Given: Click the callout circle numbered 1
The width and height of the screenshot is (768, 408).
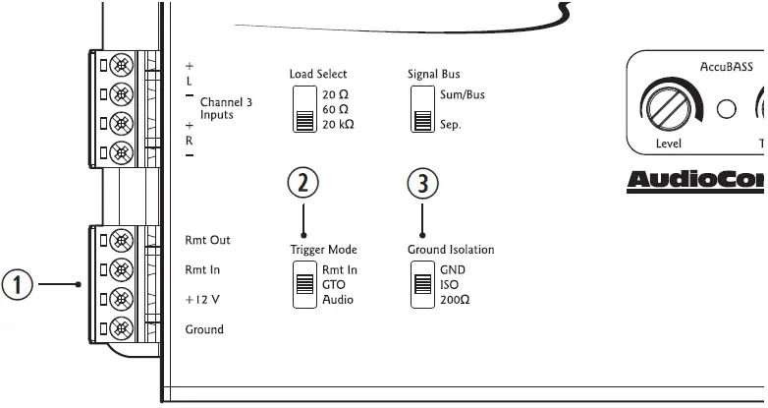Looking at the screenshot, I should [x=18, y=285].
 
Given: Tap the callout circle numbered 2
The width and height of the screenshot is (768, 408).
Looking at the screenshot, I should [x=303, y=183].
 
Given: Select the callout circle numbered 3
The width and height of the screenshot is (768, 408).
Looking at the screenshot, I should [x=422, y=183].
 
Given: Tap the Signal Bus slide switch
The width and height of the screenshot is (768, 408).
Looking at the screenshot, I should [x=423, y=108].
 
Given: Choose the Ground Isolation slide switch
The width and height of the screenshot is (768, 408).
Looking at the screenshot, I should [x=423, y=285].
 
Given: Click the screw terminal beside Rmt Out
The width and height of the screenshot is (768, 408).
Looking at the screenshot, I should [x=120, y=240].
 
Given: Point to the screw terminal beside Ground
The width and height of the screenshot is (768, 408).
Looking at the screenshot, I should [x=120, y=328].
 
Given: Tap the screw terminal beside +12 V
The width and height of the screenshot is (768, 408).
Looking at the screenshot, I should [x=120, y=299].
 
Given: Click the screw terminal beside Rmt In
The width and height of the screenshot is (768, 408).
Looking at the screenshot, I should [x=120, y=269].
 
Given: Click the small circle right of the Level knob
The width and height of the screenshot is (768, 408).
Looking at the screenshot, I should [x=727, y=108].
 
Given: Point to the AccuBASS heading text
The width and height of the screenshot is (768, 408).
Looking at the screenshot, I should [x=727, y=67].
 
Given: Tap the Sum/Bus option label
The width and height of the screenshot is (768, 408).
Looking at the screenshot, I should [x=462, y=95].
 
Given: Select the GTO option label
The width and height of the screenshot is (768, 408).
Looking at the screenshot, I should [x=335, y=285].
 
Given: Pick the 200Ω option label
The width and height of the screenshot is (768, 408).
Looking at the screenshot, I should [x=455, y=299].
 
